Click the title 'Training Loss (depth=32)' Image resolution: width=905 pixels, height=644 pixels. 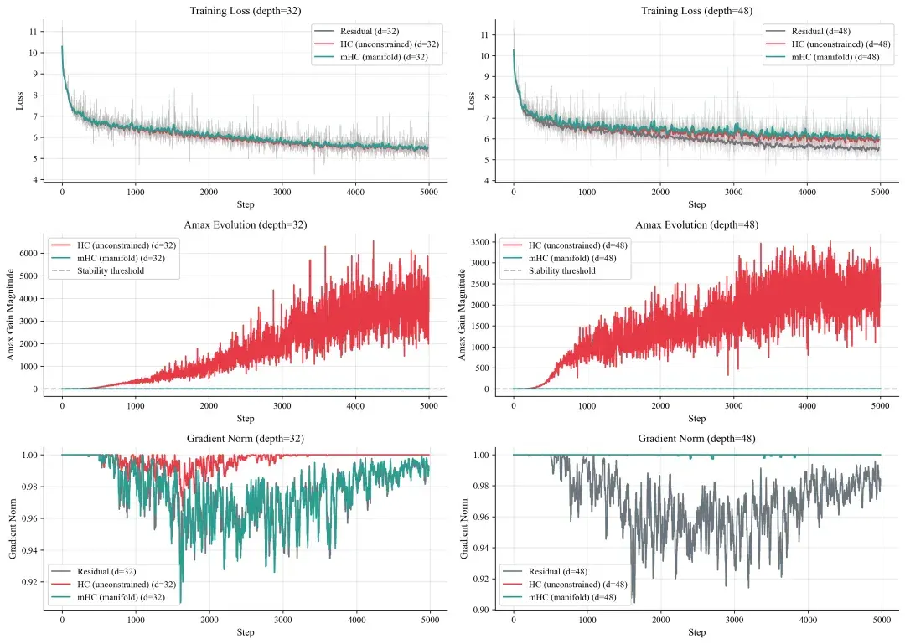[246, 11]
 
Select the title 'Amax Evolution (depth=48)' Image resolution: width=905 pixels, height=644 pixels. [696, 225]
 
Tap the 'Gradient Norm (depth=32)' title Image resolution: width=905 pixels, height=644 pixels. [246, 439]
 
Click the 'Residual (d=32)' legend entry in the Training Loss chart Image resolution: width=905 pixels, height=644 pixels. [370, 31]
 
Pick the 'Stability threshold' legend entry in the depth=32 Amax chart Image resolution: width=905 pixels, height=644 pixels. [111, 270]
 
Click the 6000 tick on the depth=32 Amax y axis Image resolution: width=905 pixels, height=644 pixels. [28, 254]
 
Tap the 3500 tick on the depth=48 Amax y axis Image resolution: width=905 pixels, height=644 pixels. [479, 242]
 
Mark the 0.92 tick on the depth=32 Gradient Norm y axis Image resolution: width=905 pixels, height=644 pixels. [29, 582]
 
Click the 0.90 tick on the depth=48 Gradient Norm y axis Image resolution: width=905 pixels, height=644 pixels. [481, 610]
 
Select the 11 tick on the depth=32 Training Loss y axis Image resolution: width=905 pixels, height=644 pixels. [34, 32]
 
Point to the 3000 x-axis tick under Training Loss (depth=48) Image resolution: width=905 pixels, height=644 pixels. [733, 192]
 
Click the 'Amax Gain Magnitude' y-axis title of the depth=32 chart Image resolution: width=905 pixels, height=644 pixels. [10, 315]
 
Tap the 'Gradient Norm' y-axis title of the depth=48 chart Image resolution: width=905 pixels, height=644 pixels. [464, 529]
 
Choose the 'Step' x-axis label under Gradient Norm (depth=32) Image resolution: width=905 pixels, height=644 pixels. [246, 632]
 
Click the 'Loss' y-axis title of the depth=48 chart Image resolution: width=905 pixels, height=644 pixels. [471, 101]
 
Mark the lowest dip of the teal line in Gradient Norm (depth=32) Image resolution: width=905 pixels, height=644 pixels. [181, 602]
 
